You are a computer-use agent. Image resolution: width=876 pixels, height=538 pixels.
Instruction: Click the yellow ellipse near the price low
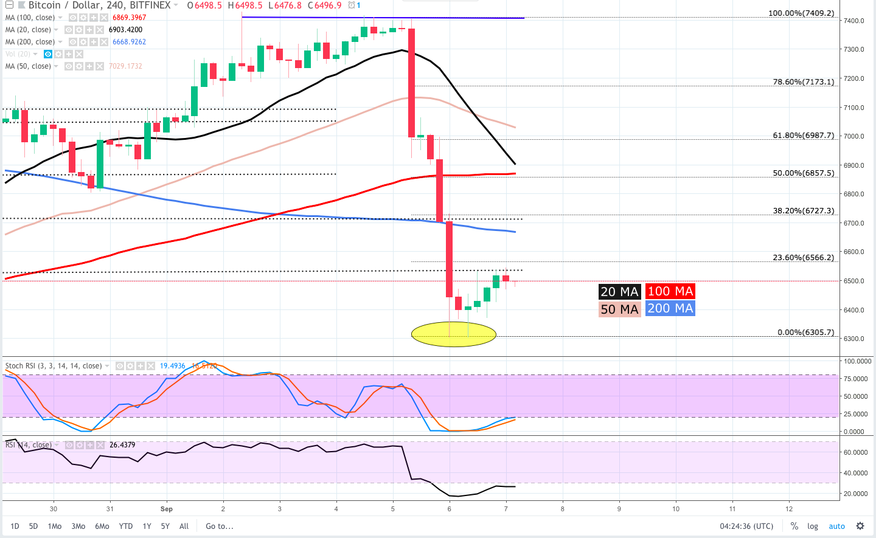point(454,334)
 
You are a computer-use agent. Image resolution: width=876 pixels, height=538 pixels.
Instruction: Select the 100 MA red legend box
point(670,291)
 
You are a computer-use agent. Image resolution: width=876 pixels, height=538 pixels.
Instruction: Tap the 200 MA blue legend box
point(670,308)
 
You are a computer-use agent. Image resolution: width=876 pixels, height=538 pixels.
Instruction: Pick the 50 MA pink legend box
point(619,309)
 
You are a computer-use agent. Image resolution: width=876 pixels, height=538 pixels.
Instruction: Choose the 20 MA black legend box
point(619,292)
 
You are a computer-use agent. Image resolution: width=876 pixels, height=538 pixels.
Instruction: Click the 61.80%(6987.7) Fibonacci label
point(803,135)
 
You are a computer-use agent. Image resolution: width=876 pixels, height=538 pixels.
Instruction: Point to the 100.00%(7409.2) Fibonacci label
point(801,13)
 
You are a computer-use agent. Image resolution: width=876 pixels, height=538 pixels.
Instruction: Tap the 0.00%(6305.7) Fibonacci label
point(805,332)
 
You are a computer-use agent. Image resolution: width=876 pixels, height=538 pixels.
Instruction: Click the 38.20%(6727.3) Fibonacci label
point(803,210)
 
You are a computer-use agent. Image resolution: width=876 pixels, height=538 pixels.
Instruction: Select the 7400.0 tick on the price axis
point(853,21)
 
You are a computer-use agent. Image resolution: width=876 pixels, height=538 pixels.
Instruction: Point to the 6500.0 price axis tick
point(853,281)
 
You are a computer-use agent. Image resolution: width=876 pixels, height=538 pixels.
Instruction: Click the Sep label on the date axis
point(166,509)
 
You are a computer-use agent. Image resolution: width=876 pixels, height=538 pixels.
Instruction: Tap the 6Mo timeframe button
point(102,526)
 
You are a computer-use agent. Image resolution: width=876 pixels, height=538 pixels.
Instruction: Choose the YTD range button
point(126,526)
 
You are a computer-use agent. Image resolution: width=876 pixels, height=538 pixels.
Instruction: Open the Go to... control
point(219,526)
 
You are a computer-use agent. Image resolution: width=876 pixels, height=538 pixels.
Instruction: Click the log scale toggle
point(813,526)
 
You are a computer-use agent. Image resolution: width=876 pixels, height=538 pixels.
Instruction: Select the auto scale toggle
point(836,526)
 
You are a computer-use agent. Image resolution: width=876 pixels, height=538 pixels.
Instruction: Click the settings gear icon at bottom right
point(860,526)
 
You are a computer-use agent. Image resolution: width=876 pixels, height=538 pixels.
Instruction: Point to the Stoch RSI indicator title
point(54,366)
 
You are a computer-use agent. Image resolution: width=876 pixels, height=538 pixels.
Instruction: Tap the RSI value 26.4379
point(122,445)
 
